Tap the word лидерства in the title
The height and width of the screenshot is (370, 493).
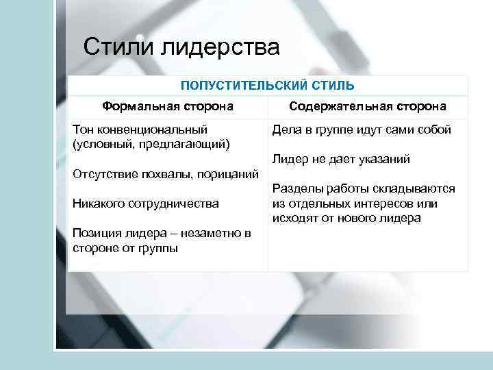pos(221,49)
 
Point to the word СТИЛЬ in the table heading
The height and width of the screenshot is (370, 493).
pos(331,86)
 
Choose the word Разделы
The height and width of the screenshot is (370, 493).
pos(295,189)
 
